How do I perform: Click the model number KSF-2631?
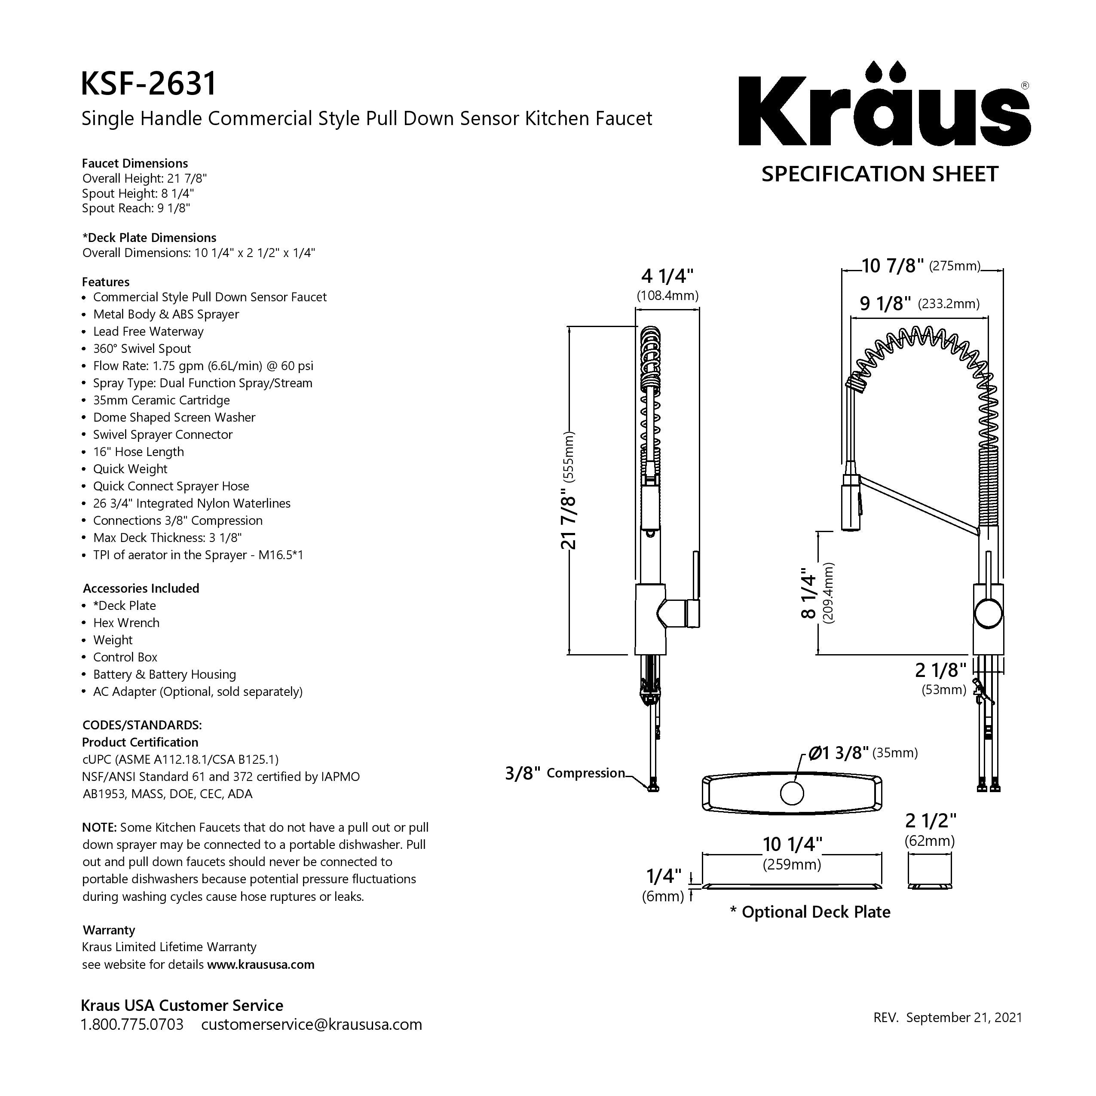click(149, 83)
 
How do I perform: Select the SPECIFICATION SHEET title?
click(880, 174)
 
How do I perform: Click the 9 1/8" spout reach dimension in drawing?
click(919, 303)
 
